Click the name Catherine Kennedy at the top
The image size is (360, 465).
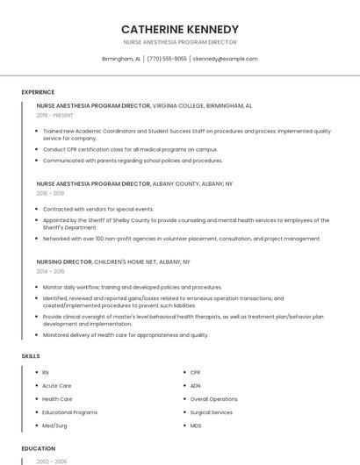pyautogui.click(x=179, y=29)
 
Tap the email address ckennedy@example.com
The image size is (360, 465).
pyautogui.click(x=225, y=59)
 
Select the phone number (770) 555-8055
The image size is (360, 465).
pyautogui.click(x=167, y=59)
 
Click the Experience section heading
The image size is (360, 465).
pyautogui.click(x=38, y=92)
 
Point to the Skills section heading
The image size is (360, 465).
pyautogui.click(x=31, y=356)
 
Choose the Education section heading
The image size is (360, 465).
pyautogui.click(x=38, y=448)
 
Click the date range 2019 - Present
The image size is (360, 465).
pyautogui.click(x=55, y=115)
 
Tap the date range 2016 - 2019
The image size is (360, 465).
pyautogui.click(x=50, y=193)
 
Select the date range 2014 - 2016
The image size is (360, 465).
pyautogui.click(x=50, y=271)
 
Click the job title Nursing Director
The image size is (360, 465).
pyautogui.click(x=63, y=261)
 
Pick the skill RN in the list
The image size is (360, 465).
pyautogui.click(x=46, y=373)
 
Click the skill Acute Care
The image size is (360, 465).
pyautogui.click(x=57, y=386)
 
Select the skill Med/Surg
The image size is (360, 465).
pyautogui.click(x=55, y=426)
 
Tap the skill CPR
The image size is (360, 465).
pyautogui.click(x=196, y=373)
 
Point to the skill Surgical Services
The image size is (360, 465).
pyautogui.click(x=211, y=412)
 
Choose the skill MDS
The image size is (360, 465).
pyautogui.click(x=196, y=426)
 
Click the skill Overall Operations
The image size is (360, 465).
pyautogui.click(x=213, y=399)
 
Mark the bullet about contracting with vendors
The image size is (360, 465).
pyautogui.click(x=98, y=210)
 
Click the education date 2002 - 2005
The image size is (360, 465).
pyautogui.click(x=50, y=461)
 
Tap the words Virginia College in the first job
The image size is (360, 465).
pyautogui.click(x=177, y=105)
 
